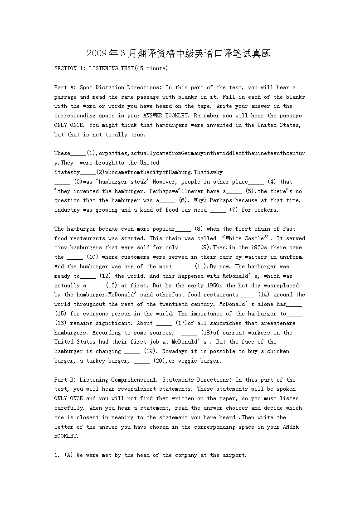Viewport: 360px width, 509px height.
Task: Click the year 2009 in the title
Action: coord(97,54)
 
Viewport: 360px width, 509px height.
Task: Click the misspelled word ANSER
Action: coord(291,427)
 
